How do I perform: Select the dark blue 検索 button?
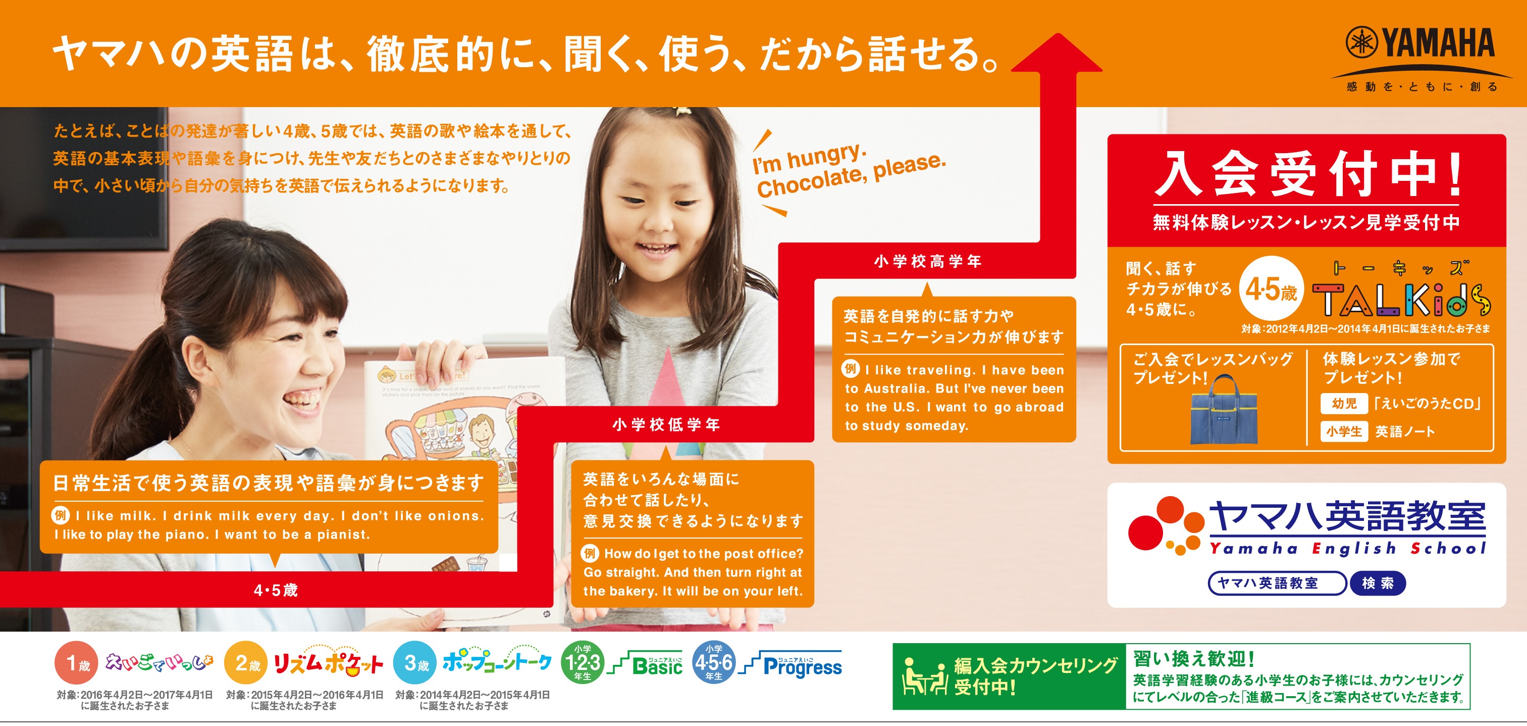coord(1378,583)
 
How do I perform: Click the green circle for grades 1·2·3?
coord(583,662)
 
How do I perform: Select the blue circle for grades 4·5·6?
coord(714,662)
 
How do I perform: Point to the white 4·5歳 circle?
coord(1271,289)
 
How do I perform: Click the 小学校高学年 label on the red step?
coord(928,261)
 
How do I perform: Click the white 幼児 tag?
coord(1344,403)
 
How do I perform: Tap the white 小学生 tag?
coord(1344,431)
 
